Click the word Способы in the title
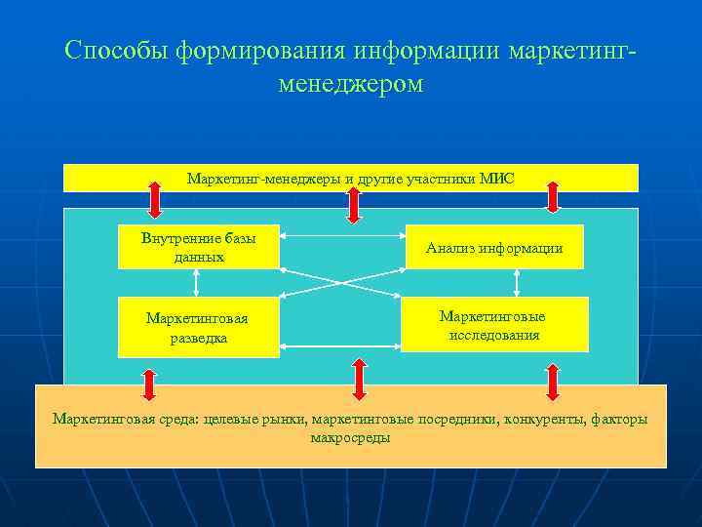point(117,50)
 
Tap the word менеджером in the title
point(351,84)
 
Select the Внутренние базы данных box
point(199,248)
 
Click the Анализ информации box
point(494,248)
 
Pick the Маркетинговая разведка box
point(197,327)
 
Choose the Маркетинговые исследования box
point(494,325)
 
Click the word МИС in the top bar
point(497,179)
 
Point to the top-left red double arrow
point(155,197)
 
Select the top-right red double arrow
point(553,196)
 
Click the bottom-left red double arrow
point(149,384)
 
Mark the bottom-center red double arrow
point(359,380)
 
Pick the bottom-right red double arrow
point(553,382)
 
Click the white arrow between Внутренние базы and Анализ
point(341,235)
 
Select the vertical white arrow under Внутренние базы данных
point(197,282)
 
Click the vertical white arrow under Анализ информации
point(517,282)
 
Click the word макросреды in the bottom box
point(350,438)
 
